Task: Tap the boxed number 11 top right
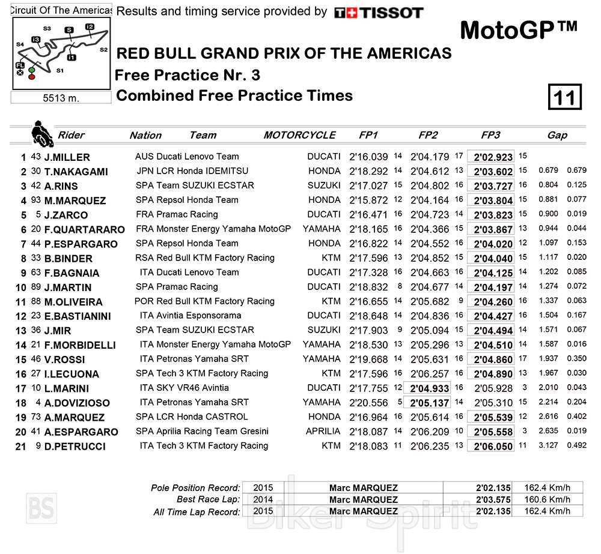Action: tap(564, 97)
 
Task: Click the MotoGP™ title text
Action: tap(519, 29)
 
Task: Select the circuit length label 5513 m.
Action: tap(61, 98)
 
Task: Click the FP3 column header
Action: tap(490, 135)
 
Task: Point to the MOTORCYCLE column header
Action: tap(299, 135)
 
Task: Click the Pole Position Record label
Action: tap(195, 488)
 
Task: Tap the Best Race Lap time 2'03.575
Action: tap(493, 499)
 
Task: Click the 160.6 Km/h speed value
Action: tap(547, 499)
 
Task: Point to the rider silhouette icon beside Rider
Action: tap(41, 134)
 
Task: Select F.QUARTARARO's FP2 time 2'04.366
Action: tap(430, 229)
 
